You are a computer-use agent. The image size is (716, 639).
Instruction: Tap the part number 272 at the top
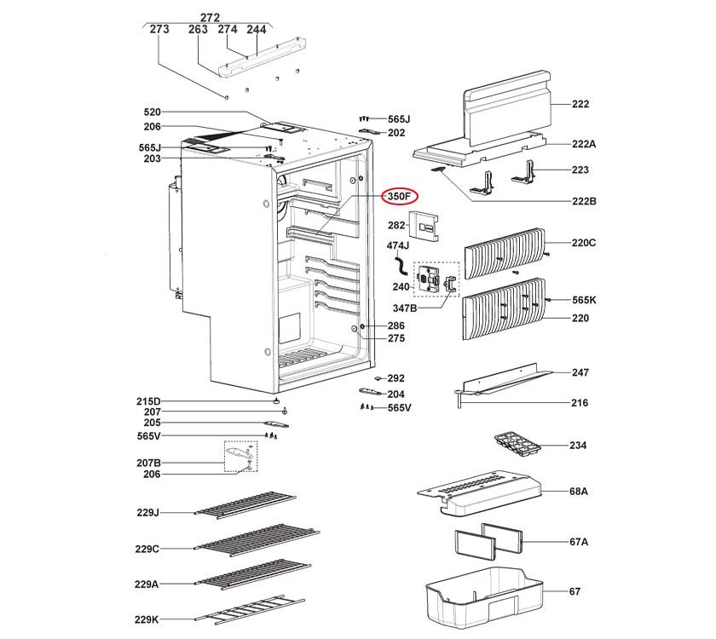tap(210, 16)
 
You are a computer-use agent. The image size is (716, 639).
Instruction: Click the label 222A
tap(583, 145)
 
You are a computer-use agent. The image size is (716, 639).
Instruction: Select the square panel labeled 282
tap(425, 226)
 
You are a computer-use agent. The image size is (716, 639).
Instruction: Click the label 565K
tap(584, 300)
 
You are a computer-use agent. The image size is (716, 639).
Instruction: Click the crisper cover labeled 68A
tap(482, 495)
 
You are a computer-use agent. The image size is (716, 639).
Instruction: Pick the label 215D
tap(147, 400)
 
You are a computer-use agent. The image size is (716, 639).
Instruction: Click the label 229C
tap(147, 548)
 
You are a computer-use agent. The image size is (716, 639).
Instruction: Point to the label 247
tap(580, 373)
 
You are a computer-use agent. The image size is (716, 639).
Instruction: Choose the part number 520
tap(152, 112)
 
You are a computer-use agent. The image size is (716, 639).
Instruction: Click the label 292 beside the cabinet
tap(396, 378)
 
